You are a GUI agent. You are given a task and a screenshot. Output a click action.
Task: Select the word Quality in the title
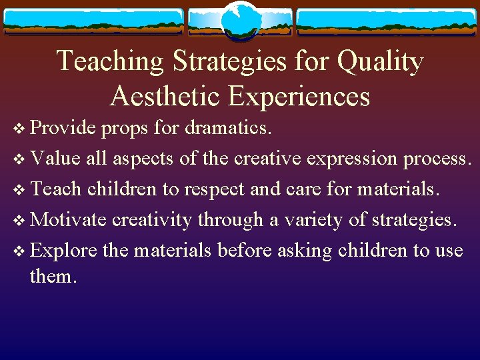click(x=380, y=61)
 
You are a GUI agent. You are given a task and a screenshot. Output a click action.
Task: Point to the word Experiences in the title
click(x=299, y=96)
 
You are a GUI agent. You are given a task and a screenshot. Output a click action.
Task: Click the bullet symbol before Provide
click(x=17, y=129)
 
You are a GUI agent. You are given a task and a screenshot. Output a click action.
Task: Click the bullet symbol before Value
click(x=17, y=159)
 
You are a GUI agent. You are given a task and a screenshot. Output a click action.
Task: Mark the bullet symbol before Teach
click(x=17, y=190)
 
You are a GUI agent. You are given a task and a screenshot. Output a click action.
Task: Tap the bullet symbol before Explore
click(x=17, y=251)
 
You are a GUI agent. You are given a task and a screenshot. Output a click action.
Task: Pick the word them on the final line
click(x=52, y=275)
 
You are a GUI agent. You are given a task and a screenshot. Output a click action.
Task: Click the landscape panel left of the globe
click(x=93, y=22)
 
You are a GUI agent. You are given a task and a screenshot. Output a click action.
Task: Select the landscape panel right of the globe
click(x=386, y=22)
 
